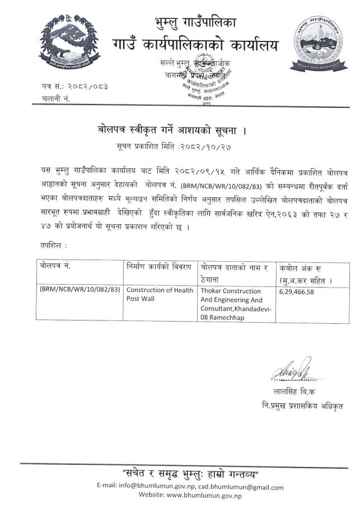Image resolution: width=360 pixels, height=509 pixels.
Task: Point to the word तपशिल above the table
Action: coord(53,244)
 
